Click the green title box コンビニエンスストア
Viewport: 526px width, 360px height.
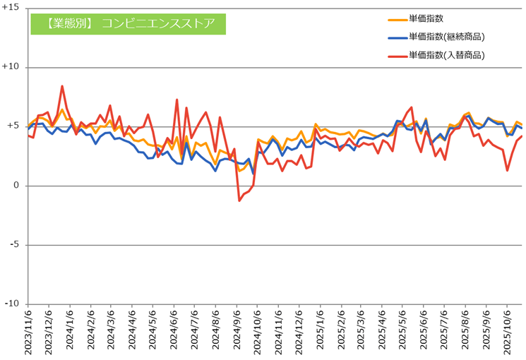pyautogui.click(x=128, y=23)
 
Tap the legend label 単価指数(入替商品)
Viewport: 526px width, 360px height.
pyautogui.click(x=450, y=54)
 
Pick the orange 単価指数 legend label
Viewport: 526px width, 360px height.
pyautogui.click(x=426, y=18)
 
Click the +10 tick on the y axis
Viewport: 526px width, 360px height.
pyautogui.click(x=13, y=68)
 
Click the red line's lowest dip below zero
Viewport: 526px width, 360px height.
pyautogui.click(x=240, y=200)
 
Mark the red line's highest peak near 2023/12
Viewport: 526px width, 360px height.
pyautogui.click(x=62, y=86)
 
